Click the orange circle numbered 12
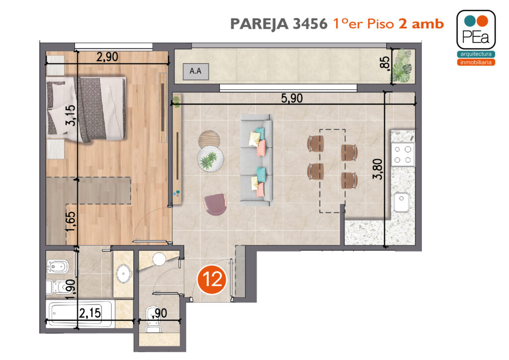212,279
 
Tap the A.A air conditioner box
195,71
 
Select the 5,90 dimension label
292,98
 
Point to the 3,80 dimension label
378,169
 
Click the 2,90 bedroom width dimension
107,57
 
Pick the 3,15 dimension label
71,115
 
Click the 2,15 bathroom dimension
90,313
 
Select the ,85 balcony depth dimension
384,62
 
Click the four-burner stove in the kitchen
403,155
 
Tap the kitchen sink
402,202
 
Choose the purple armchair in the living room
215,204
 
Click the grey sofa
256,160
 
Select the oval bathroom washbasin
124,273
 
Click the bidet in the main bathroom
58,267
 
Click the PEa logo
476,30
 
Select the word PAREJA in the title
259,24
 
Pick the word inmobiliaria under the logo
476,62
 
